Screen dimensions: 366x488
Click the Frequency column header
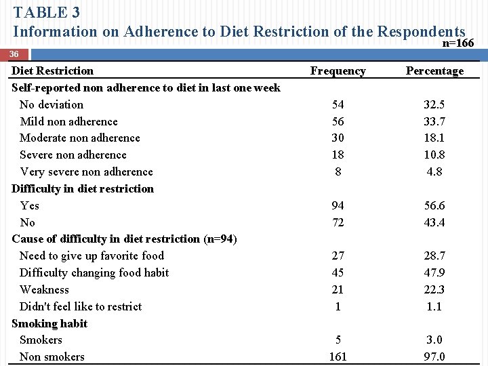tap(338, 71)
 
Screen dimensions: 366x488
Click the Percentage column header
tap(434, 71)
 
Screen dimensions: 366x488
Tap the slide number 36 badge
tap(15, 54)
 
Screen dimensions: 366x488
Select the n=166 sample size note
tap(457, 43)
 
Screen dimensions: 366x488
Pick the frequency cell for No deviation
tap(338, 105)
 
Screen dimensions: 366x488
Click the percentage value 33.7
tap(434, 122)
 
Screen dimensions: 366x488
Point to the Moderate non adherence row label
tap(79, 138)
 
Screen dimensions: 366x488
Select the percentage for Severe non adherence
tap(434, 155)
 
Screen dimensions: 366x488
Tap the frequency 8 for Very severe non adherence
tap(338, 172)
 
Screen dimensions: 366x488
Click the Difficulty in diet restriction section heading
tap(83, 189)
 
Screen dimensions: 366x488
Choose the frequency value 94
tap(338, 206)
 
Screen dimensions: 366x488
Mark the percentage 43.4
tap(434, 223)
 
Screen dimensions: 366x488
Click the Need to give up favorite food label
tap(91, 256)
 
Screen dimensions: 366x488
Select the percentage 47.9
tap(434, 273)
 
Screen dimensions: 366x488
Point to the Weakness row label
tap(44, 290)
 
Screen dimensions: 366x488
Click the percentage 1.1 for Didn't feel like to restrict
tap(434, 306)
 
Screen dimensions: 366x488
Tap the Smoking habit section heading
tap(49, 323)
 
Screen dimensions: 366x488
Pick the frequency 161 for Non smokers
tap(338, 357)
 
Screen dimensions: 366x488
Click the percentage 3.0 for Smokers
tap(434, 340)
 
